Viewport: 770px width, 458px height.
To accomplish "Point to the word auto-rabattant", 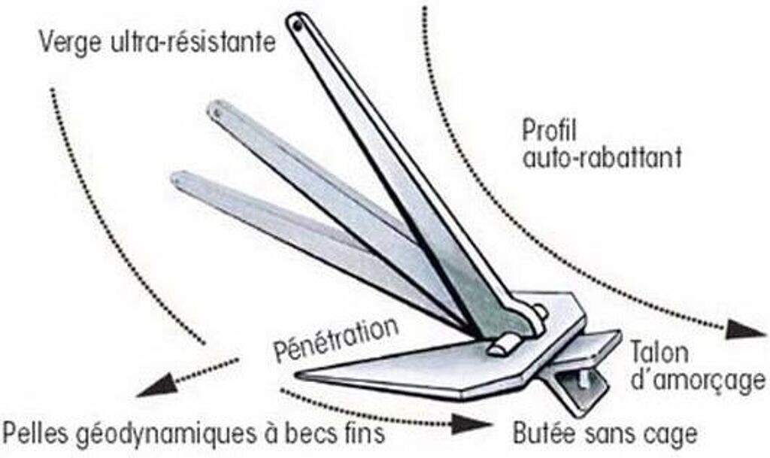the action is pyautogui.click(x=602, y=159).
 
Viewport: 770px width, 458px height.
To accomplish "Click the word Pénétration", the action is pyautogui.click(x=335, y=340).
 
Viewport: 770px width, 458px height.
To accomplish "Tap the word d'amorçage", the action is pyautogui.click(x=696, y=382).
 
